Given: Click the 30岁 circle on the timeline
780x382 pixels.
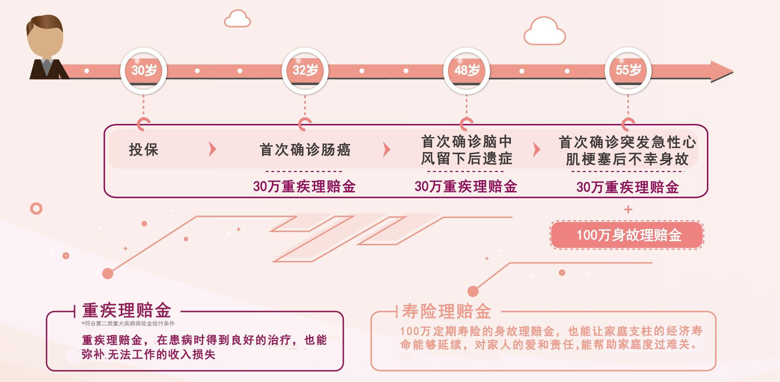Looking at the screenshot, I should (x=144, y=70).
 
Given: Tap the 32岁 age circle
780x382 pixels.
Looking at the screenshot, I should (x=305, y=70).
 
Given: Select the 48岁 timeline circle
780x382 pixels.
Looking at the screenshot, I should (x=467, y=70).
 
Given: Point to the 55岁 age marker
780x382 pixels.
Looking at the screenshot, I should (x=628, y=70).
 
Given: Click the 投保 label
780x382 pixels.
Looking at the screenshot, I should (x=144, y=150).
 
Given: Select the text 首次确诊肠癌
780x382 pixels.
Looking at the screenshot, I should (x=305, y=150).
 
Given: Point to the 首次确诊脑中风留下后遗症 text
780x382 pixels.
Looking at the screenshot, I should (x=467, y=150).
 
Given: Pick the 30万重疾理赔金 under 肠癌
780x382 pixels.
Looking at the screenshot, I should (x=304, y=187).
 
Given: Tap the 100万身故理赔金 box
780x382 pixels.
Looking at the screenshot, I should (x=628, y=235).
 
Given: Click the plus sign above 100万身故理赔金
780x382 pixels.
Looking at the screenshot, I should (x=628, y=210).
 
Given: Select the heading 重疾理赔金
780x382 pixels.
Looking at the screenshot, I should (x=127, y=311).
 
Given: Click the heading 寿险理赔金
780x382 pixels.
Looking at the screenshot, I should (x=447, y=311).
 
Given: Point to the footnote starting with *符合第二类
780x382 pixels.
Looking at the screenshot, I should (x=128, y=324).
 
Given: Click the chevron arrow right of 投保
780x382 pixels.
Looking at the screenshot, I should (x=212, y=149).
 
